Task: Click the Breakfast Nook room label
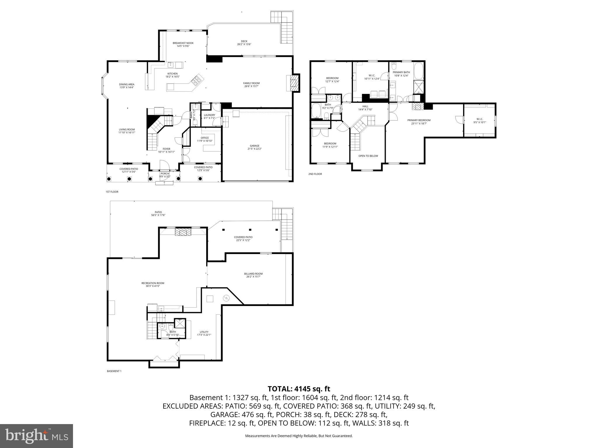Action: coord(183,44)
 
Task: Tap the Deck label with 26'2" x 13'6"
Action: coord(244,43)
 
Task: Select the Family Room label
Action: coord(251,85)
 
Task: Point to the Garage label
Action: coord(254,147)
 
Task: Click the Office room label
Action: coord(204,139)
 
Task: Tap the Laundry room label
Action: coord(209,116)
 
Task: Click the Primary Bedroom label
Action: coord(419,122)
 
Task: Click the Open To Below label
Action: coord(368,156)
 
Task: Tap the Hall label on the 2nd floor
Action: coord(365,108)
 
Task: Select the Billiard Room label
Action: coord(253,275)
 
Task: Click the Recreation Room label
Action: coord(153,284)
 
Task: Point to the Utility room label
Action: coord(204,333)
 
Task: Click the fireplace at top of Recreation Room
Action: coord(183,232)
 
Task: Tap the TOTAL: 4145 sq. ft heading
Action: coord(299,388)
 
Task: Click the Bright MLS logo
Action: coord(36,436)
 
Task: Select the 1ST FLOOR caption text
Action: coord(112,192)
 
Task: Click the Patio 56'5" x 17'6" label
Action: coord(158,213)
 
